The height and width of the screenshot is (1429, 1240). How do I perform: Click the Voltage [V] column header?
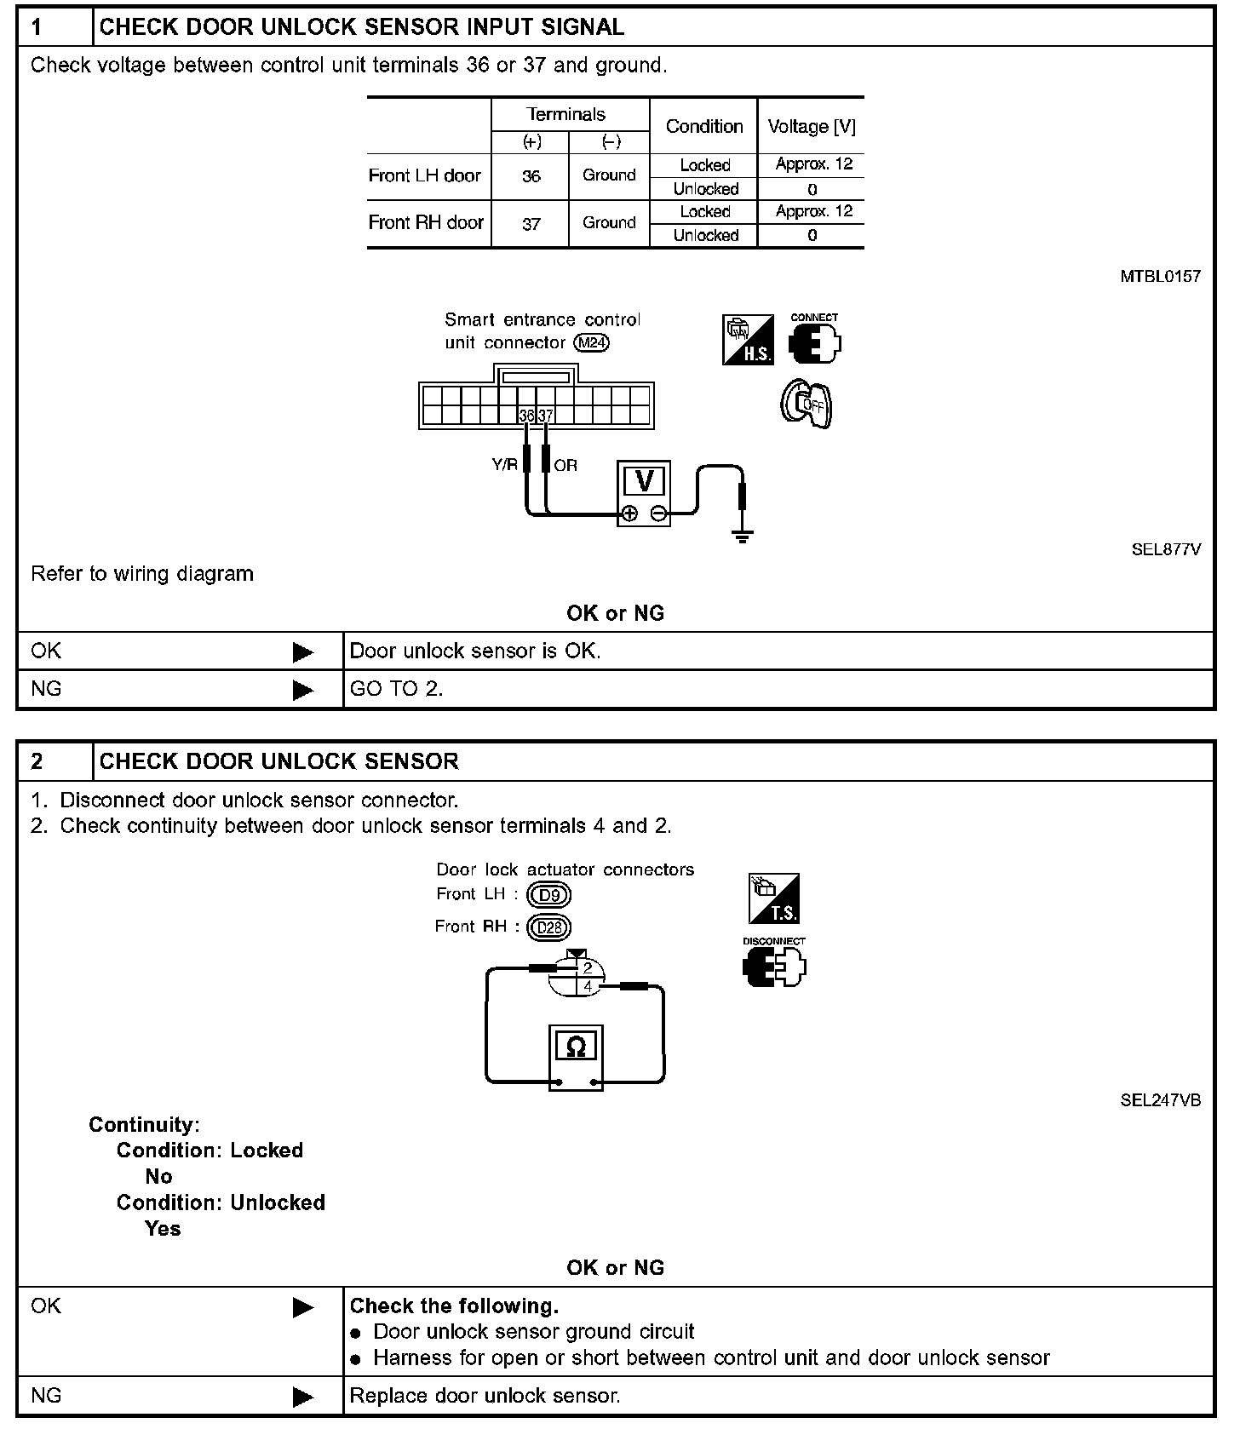pos(811,127)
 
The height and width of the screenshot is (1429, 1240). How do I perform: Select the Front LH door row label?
pos(425,175)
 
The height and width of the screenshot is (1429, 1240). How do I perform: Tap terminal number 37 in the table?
pos(531,224)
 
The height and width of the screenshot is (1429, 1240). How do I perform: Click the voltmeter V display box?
pos(644,482)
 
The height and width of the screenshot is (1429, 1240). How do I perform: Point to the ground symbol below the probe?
pos(743,536)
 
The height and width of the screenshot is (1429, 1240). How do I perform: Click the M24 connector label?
pos(592,343)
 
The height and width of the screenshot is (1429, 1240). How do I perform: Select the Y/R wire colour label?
pos(504,465)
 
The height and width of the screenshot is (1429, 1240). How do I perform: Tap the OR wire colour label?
pos(565,465)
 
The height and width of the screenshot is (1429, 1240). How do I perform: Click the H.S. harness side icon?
pos(748,340)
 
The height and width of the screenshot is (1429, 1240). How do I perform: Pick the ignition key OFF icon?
pos(807,404)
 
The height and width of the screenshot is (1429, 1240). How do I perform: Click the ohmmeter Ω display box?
pos(576,1047)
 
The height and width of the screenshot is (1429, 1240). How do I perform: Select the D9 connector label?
pos(549,895)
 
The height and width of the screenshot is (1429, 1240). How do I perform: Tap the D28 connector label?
pos(549,927)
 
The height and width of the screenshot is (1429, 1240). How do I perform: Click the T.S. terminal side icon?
pos(774,898)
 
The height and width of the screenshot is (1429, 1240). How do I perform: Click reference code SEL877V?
pos(1166,549)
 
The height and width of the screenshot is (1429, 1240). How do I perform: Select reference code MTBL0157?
pos(1161,276)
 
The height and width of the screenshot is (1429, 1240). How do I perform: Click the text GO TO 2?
pos(396,689)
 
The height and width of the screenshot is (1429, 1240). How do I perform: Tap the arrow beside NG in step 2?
pos(302,1397)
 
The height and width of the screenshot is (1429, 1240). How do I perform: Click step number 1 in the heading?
pos(37,27)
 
